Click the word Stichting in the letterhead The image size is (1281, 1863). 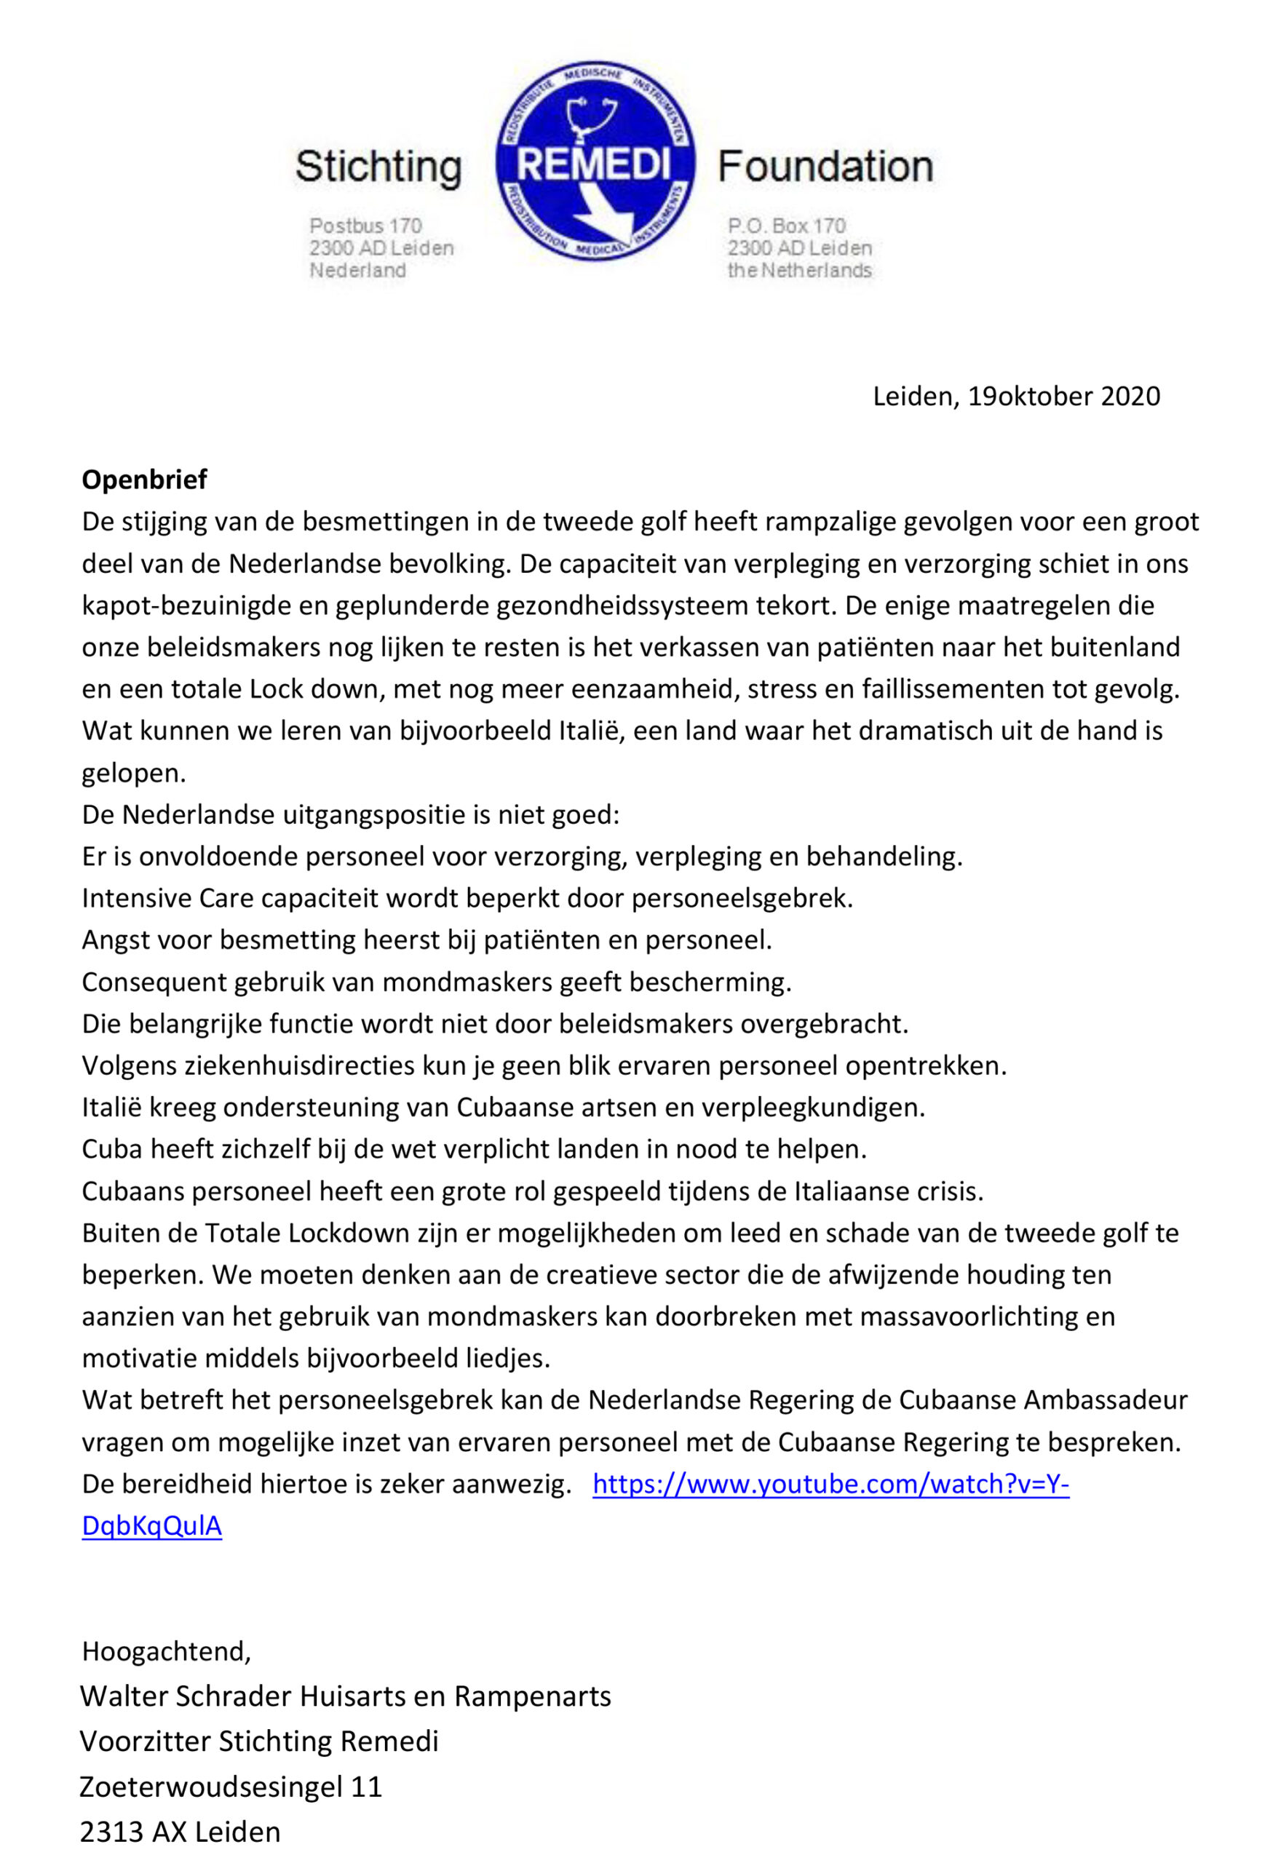[378, 167]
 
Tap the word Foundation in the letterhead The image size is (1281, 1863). [825, 167]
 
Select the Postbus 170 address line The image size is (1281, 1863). [366, 226]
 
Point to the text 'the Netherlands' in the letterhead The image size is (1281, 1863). [799, 271]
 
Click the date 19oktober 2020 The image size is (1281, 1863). [1063, 397]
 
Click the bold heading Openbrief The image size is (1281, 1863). [144, 480]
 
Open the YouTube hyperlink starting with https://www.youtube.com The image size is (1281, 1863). [830, 1485]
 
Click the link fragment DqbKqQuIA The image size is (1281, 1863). [151, 1526]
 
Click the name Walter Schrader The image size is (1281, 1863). [186, 1696]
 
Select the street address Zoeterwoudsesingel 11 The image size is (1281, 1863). [230, 1787]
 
